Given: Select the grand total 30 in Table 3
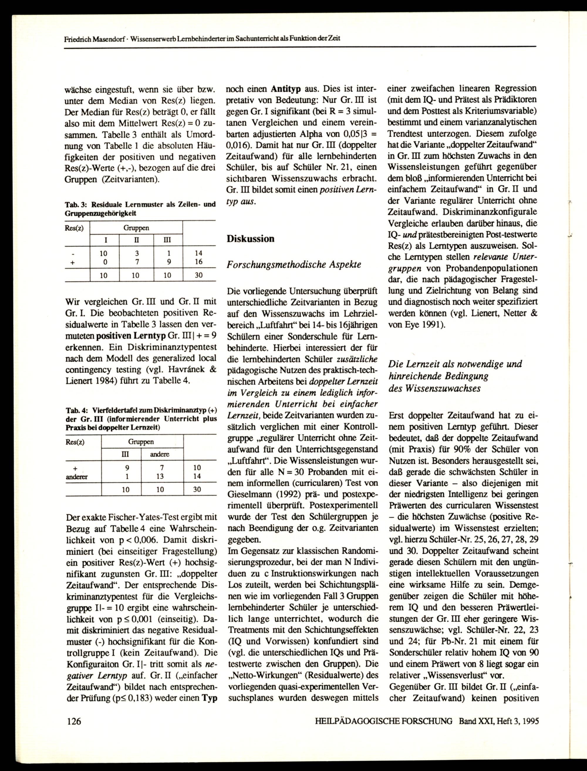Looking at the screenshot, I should pos(198,275).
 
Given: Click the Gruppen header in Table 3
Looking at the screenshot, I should pos(136,228).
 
